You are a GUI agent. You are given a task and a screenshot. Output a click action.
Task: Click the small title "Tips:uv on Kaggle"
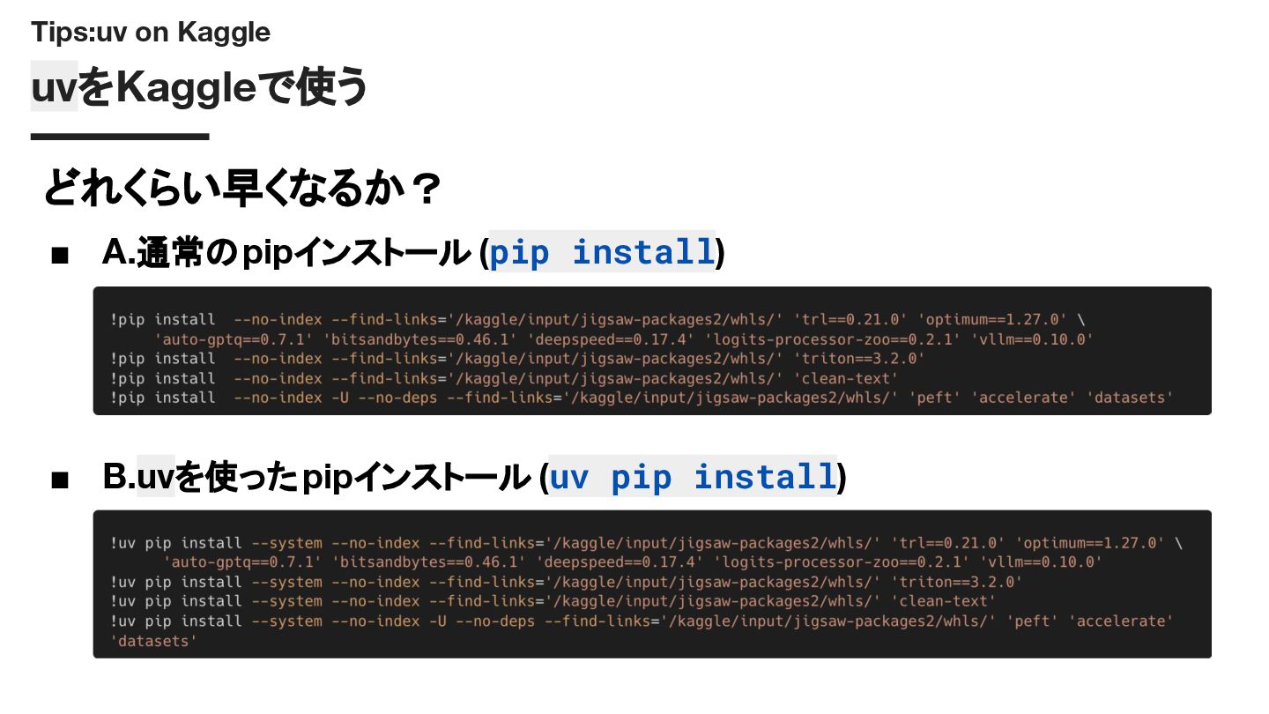[x=151, y=33]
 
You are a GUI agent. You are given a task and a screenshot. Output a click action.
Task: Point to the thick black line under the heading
[x=120, y=137]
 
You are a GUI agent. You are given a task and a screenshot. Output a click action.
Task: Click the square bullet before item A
[x=60, y=256]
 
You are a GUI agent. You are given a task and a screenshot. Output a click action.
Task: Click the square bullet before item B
[x=60, y=480]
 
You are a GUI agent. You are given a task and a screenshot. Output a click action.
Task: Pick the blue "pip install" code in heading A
[x=602, y=253]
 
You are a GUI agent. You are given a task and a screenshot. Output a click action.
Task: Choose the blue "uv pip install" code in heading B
[x=692, y=478]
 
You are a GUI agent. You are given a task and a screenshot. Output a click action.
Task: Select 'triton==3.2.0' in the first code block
[x=859, y=359]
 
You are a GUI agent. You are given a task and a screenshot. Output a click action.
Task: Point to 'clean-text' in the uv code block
[x=943, y=601]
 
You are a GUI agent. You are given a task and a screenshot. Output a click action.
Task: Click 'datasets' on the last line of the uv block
[x=153, y=641]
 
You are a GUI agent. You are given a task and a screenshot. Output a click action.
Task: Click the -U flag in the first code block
[x=340, y=398]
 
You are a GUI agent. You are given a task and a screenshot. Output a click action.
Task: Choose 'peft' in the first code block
[x=935, y=398]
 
